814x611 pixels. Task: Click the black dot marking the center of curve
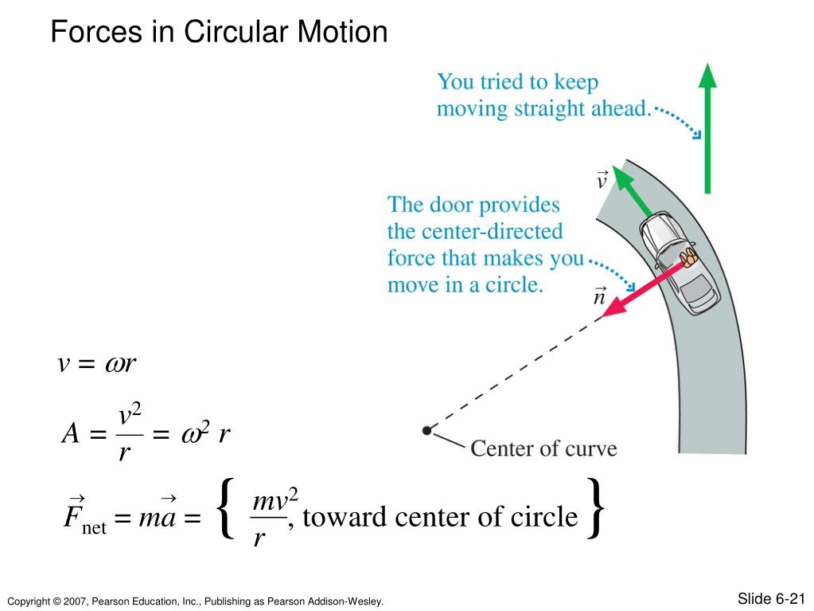click(x=427, y=430)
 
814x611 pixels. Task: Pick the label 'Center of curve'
click(x=543, y=448)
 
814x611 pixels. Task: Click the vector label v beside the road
click(x=602, y=180)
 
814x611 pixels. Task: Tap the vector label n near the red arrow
click(x=599, y=297)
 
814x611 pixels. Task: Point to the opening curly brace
click(x=226, y=507)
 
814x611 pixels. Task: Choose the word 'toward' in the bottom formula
click(x=347, y=518)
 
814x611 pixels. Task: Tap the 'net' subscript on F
click(x=93, y=527)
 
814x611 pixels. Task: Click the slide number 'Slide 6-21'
click(x=772, y=598)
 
